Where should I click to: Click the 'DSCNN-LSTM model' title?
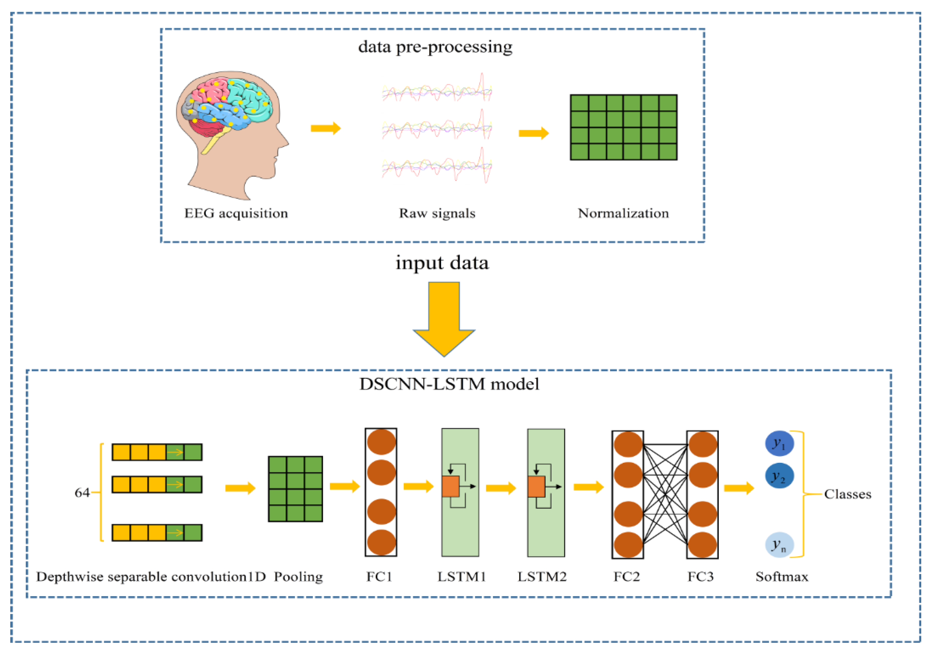pos(449,384)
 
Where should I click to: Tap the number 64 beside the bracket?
pos(82,493)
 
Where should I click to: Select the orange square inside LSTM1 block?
pos(450,486)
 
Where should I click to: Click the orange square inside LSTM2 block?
pos(536,486)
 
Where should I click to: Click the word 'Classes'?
pos(848,494)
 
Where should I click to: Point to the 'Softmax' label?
pos(781,577)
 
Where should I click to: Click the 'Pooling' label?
pos(298,577)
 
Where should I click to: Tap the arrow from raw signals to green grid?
pos(534,133)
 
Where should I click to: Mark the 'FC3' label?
pos(700,577)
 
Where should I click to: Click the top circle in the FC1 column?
pos(381,441)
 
